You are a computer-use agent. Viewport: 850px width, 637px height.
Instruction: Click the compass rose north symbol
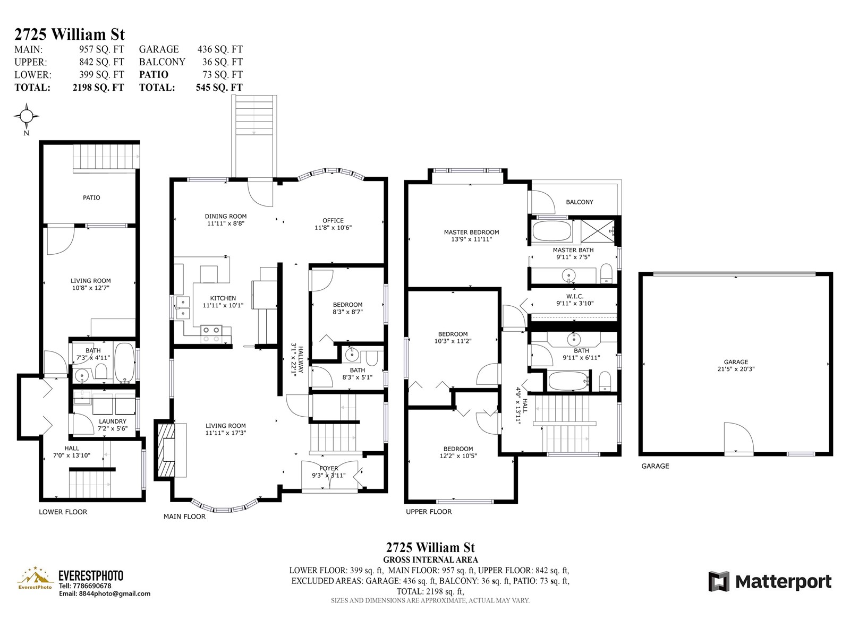(x=27, y=116)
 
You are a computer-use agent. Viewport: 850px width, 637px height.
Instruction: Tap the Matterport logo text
(x=783, y=582)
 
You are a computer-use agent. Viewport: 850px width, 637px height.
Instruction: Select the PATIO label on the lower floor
(x=91, y=197)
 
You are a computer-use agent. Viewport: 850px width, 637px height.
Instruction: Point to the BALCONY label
(x=579, y=202)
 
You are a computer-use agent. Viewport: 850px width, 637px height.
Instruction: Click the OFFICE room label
(x=333, y=220)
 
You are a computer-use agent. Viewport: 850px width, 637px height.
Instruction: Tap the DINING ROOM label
(x=225, y=216)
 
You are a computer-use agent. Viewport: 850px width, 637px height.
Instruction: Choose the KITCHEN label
(x=223, y=298)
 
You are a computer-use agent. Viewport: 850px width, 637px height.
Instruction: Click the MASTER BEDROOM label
(x=471, y=232)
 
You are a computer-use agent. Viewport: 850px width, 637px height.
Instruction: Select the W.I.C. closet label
(x=575, y=296)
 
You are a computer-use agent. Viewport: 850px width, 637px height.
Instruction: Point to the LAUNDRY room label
(x=112, y=421)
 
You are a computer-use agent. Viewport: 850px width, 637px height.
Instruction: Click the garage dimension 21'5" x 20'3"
(x=736, y=369)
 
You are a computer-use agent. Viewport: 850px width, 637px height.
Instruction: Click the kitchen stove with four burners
(x=211, y=334)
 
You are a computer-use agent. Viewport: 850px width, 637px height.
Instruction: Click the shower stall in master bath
(x=598, y=231)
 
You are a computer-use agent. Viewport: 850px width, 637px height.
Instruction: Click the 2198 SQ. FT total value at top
(x=98, y=88)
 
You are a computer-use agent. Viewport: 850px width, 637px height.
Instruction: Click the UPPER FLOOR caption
(x=429, y=512)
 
